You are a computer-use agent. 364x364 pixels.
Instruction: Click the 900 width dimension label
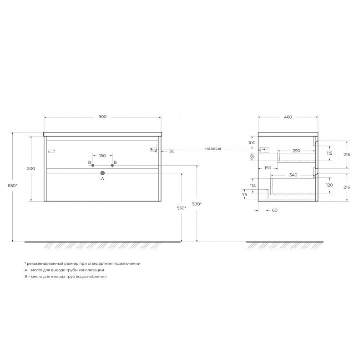(x=102, y=117)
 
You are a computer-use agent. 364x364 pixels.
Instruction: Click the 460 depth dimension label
(x=288, y=117)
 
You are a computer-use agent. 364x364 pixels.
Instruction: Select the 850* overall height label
(x=13, y=186)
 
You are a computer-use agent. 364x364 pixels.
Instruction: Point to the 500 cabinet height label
(x=31, y=168)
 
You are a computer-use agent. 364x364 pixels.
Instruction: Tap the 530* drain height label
(x=182, y=208)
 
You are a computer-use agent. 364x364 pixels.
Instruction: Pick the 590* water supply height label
(x=197, y=204)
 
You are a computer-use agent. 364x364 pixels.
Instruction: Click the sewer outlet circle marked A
(x=103, y=173)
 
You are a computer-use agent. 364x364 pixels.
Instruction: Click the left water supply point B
(x=93, y=165)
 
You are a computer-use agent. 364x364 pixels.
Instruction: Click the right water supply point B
(x=112, y=165)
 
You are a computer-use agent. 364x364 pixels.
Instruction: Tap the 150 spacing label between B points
(x=102, y=156)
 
